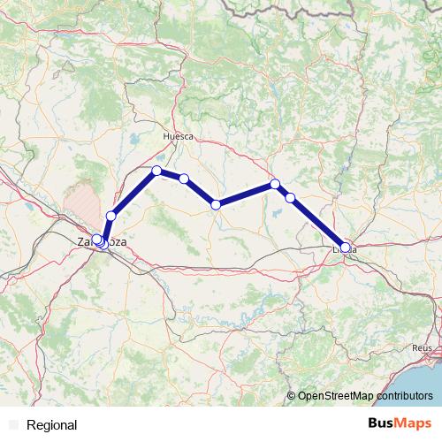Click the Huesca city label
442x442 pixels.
click(x=178, y=137)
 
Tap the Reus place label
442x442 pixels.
click(x=423, y=348)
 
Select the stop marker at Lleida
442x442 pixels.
click(x=346, y=248)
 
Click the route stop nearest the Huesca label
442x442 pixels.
click(x=156, y=171)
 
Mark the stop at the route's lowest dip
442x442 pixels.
click(x=216, y=205)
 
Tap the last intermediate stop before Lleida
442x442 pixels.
click(x=290, y=197)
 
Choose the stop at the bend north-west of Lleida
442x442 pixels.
click(x=275, y=184)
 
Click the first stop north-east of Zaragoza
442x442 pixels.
click(x=111, y=216)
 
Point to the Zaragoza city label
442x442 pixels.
click(x=100, y=241)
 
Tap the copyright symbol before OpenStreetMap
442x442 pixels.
click(x=291, y=395)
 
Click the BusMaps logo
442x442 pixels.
click(x=400, y=423)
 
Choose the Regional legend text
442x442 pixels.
click(x=52, y=425)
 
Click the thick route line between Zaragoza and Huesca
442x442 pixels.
click(x=133, y=194)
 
